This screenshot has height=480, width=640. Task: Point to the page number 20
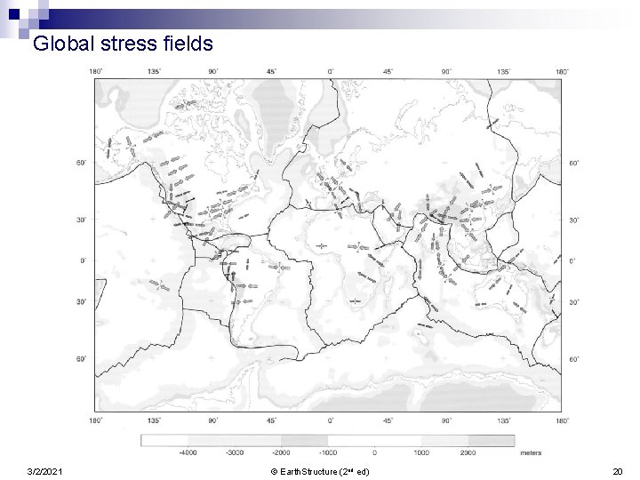click(x=619, y=470)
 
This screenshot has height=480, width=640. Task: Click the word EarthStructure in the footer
click(x=308, y=470)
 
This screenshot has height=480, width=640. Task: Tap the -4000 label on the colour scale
click(x=188, y=452)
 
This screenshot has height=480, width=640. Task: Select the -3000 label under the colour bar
click(x=235, y=452)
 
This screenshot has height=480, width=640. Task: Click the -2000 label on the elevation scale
click(x=281, y=452)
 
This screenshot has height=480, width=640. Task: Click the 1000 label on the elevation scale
click(x=421, y=452)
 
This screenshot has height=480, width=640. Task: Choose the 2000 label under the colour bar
click(x=468, y=452)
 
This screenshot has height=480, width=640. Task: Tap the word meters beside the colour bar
click(x=531, y=452)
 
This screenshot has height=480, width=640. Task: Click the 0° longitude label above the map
click(x=331, y=71)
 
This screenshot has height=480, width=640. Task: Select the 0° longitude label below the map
click(x=331, y=420)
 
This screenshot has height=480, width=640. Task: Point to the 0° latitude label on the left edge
click(x=82, y=260)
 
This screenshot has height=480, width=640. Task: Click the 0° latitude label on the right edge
click(x=572, y=260)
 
